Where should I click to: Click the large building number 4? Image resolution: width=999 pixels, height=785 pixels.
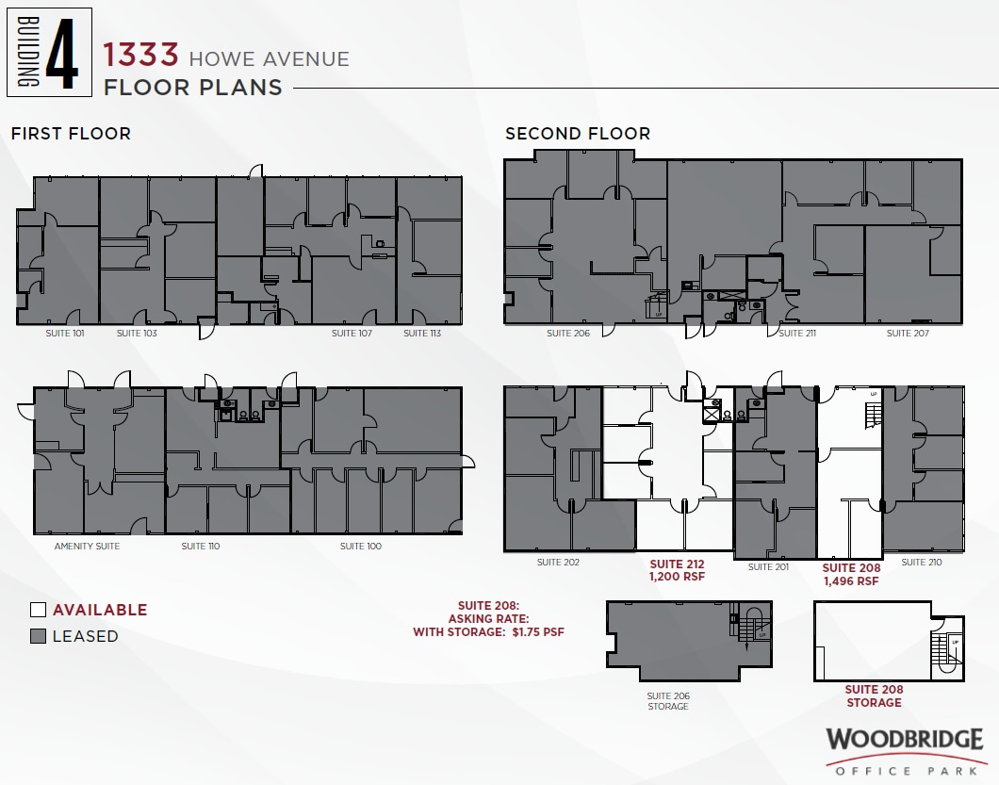click(x=61, y=52)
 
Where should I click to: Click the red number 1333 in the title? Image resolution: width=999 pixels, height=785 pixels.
click(x=141, y=55)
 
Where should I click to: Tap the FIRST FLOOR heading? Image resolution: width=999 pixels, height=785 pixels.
click(x=71, y=134)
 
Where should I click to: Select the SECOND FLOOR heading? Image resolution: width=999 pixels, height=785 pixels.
click(x=578, y=134)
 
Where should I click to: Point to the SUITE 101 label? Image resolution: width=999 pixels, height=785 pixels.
click(x=64, y=334)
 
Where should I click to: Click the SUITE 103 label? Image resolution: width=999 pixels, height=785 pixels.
click(x=137, y=334)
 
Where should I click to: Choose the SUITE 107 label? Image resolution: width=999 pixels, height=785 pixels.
click(x=352, y=334)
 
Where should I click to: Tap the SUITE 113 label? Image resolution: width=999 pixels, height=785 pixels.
click(x=422, y=334)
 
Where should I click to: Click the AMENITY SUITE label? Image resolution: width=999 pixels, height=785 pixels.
click(x=87, y=547)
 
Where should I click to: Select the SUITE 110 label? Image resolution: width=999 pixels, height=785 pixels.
click(x=200, y=547)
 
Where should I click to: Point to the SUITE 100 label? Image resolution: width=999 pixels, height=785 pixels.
click(x=360, y=547)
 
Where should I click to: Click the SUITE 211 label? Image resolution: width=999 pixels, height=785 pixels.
click(x=791, y=334)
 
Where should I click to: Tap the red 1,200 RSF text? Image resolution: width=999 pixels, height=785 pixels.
click(x=677, y=579)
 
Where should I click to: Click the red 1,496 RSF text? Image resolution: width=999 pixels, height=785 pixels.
click(x=851, y=581)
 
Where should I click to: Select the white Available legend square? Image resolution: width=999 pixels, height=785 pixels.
click(x=38, y=610)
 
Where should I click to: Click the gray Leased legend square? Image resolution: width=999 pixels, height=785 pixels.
click(x=38, y=636)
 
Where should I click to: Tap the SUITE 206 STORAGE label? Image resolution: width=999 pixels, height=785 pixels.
click(x=668, y=701)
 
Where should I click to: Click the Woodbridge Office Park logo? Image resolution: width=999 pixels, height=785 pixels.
click(x=904, y=750)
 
